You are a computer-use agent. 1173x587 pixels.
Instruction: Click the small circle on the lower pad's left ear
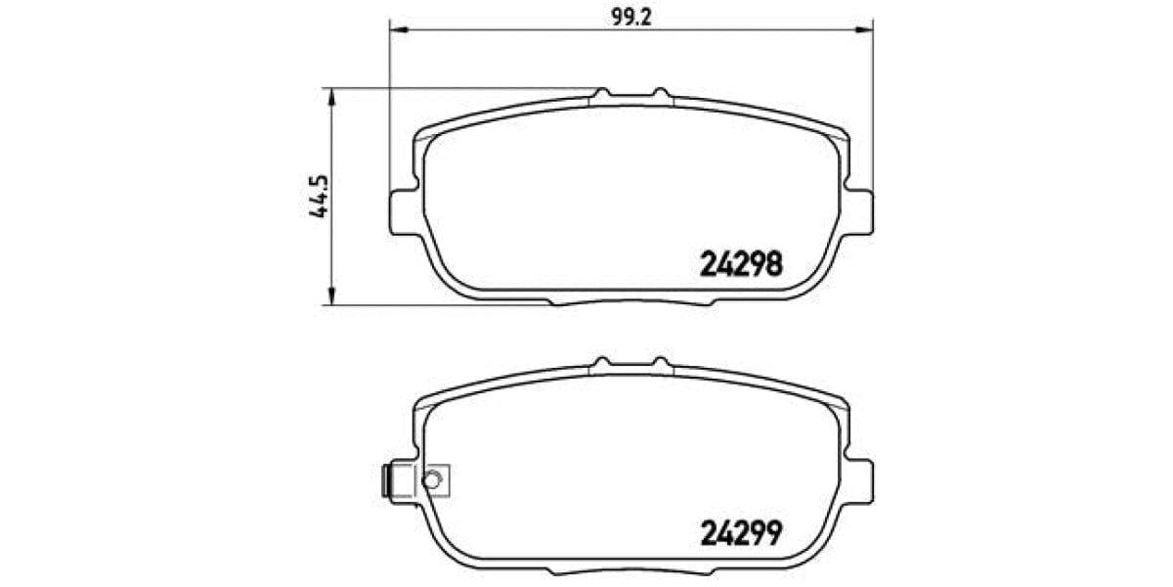[433, 478]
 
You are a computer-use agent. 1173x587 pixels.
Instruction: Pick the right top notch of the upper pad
[663, 94]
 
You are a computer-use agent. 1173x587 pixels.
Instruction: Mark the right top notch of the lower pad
[663, 364]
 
